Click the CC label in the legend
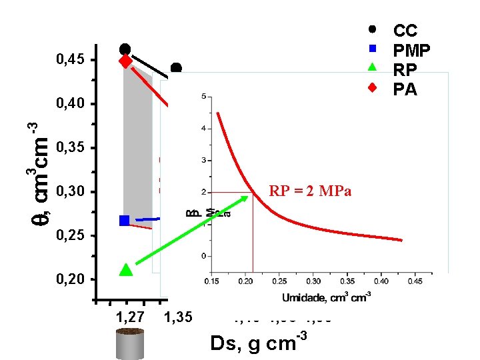405,31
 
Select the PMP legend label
411,50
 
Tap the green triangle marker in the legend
373,67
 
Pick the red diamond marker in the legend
373,87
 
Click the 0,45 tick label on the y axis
71,61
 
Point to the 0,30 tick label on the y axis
71,193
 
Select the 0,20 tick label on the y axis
71,279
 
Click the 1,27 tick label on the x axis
130,317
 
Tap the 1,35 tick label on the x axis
177,317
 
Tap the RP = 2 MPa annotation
310,193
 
